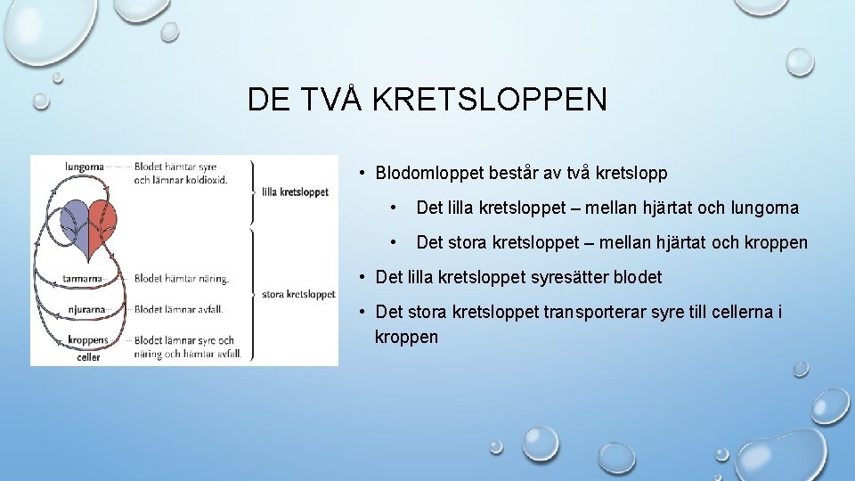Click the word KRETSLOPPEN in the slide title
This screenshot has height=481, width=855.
(489, 99)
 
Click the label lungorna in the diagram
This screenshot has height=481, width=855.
(85, 166)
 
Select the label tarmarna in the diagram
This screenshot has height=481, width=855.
(82, 279)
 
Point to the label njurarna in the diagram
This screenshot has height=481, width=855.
(85, 310)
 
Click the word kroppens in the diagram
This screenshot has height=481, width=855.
(87, 340)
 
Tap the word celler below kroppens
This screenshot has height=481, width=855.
(88, 356)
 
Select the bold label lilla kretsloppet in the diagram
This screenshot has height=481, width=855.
(295, 192)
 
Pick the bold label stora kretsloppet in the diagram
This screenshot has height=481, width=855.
(298, 294)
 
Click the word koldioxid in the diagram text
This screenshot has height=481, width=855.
(206, 179)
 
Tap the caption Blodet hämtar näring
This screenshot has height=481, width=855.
(181, 279)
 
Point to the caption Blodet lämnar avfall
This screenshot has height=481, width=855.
(178, 310)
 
